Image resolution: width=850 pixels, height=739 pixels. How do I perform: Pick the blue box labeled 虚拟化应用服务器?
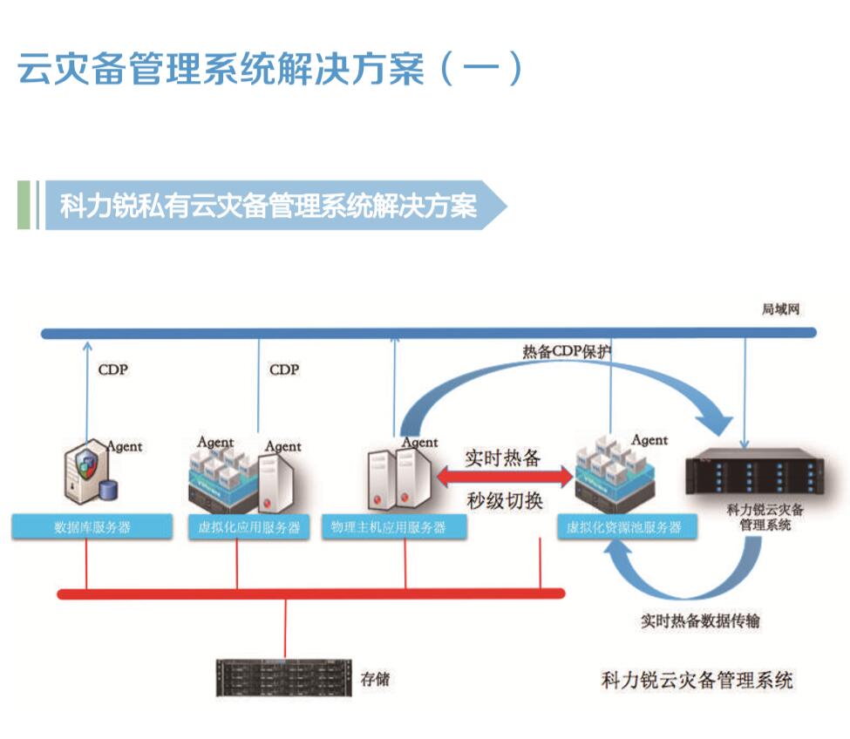(249, 528)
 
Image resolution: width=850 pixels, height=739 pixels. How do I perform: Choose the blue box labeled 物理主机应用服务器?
(395, 528)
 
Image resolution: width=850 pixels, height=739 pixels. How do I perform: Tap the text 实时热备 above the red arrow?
(503, 457)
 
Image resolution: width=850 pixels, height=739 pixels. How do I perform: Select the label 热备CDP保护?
(568, 352)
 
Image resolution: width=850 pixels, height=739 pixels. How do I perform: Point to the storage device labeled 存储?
(284, 677)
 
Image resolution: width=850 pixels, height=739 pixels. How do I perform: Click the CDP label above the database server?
(112, 369)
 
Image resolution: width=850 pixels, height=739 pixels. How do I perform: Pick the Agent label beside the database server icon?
(125, 446)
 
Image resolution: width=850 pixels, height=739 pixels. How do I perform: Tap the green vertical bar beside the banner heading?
(24, 205)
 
